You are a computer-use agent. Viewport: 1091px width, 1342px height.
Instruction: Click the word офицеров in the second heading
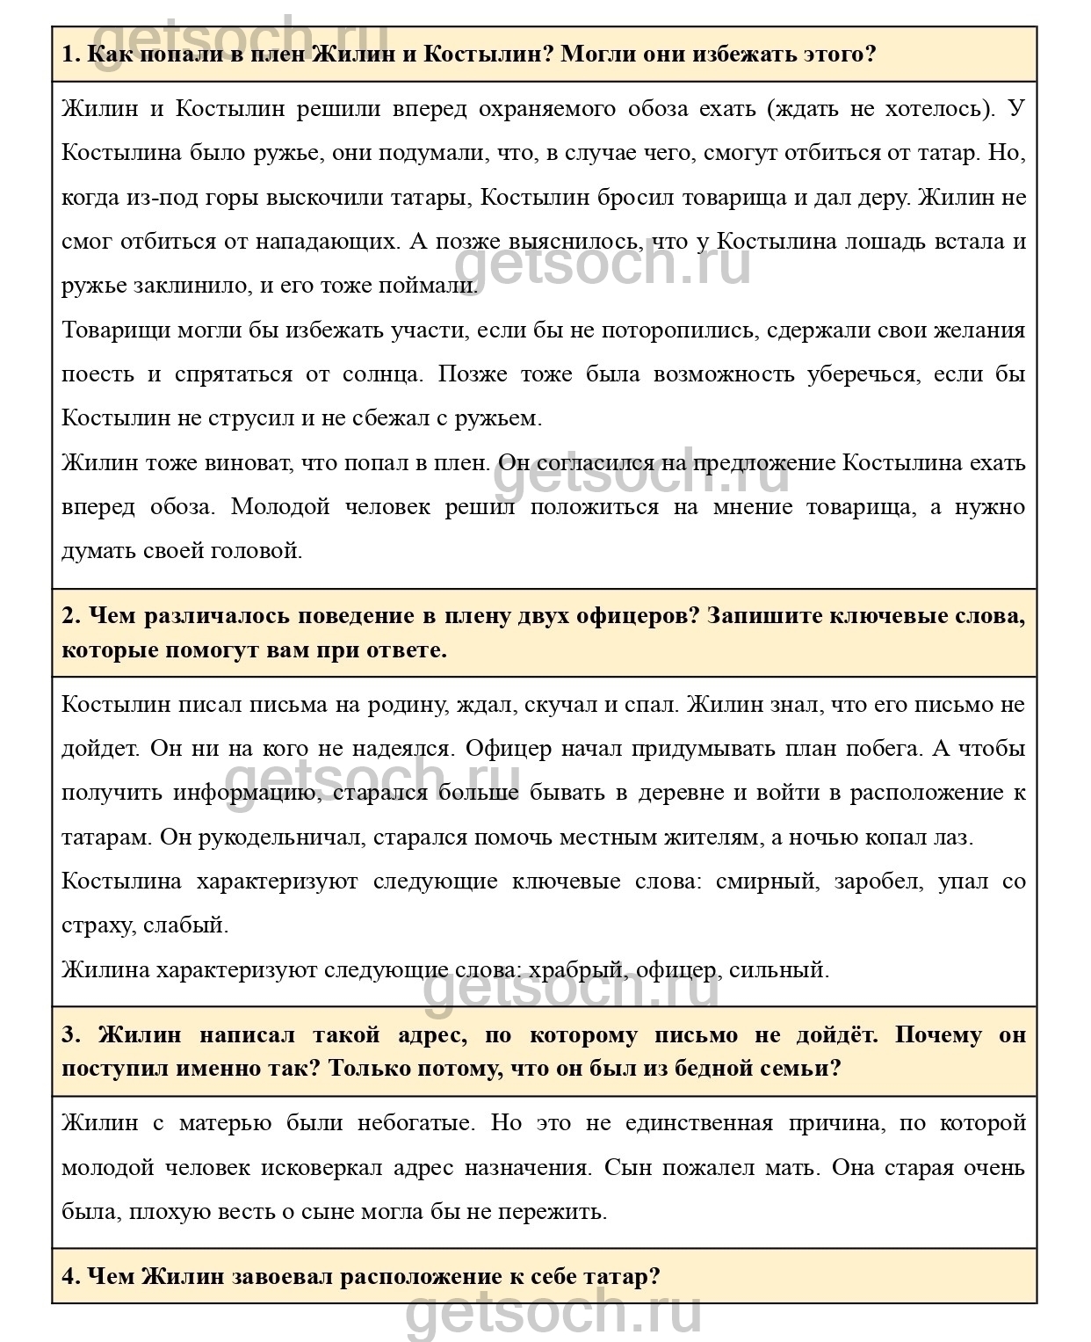click(627, 616)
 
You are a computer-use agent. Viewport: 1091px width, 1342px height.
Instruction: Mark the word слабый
click(187, 925)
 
